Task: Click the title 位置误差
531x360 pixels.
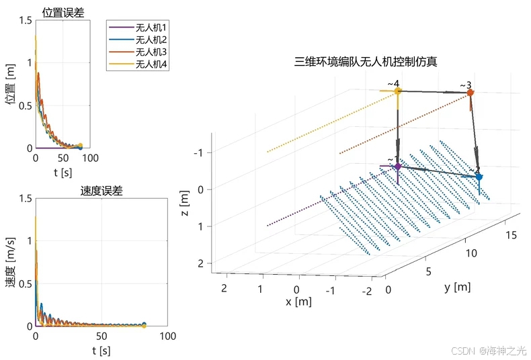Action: click(x=63, y=11)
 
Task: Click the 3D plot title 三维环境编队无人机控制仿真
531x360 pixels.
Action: click(x=366, y=62)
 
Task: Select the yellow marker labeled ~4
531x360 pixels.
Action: click(x=398, y=91)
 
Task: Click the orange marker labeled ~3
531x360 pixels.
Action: click(x=470, y=93)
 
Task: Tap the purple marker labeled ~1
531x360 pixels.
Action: click(x=397, y=166)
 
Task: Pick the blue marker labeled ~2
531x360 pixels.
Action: click(x=479, y=177)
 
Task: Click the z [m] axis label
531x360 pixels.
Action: click(x=184, y=203)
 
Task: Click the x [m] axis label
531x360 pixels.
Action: click(x=298, y=302)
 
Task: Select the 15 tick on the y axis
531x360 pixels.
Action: click(x=512, y=234)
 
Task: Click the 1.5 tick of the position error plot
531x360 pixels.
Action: click(x=24, y=21)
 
